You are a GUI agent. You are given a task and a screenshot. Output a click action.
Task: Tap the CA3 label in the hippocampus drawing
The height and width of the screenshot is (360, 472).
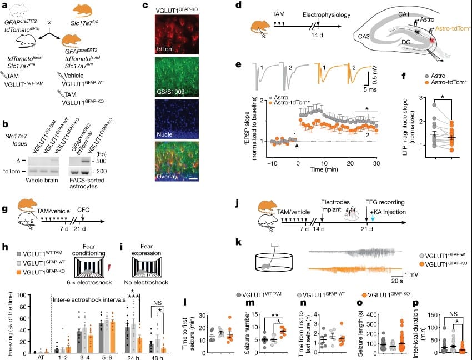click(365, 36)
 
